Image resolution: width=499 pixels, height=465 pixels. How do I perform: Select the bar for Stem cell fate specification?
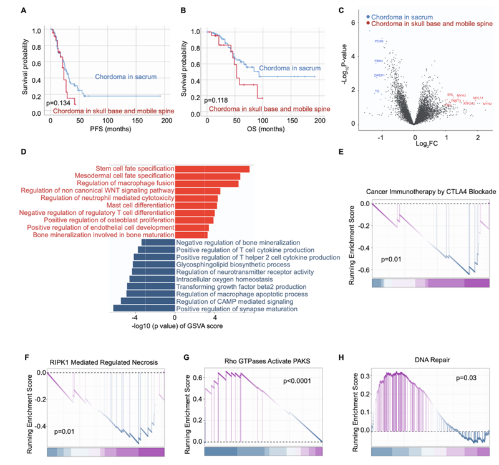(212, 169)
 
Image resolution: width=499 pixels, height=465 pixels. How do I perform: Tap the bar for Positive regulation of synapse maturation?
(144, 308)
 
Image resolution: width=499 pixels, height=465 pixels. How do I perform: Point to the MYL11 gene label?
(478, 98)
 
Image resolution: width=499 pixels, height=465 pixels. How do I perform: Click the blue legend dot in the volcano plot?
(369, 18)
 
